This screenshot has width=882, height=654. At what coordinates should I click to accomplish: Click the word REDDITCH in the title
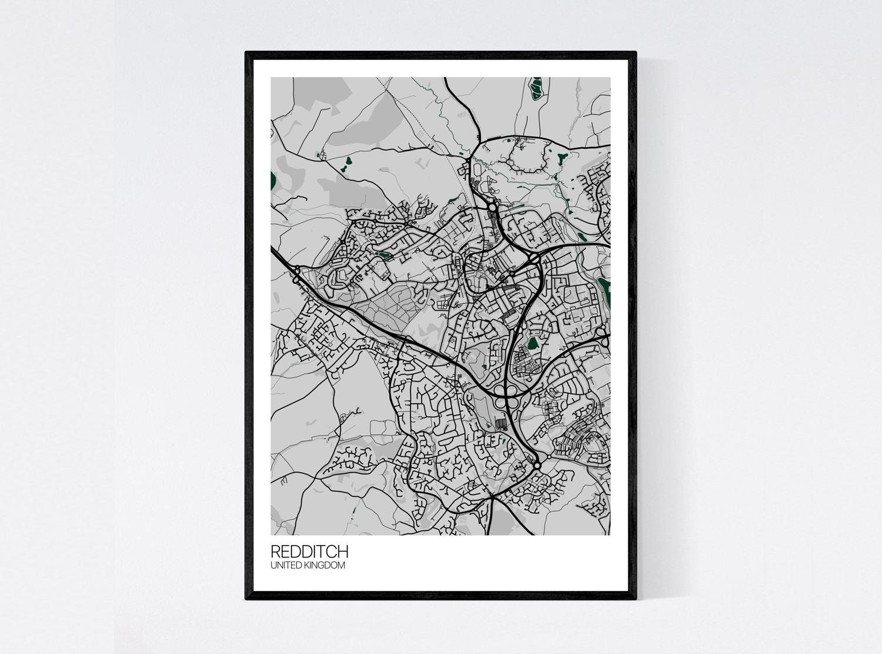309,552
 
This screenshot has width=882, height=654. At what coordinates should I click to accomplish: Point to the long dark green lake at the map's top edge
536,89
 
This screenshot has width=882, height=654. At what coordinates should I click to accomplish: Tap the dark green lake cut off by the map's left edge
273,182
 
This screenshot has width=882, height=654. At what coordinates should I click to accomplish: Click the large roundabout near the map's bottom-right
537,466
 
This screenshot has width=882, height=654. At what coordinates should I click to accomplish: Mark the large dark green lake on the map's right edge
604,292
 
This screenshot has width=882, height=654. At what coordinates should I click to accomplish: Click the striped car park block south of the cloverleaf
500,423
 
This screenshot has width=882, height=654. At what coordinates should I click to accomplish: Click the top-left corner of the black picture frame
247,54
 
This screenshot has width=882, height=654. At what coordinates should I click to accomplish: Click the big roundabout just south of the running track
492,207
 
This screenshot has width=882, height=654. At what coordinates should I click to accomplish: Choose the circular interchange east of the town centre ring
534,258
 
